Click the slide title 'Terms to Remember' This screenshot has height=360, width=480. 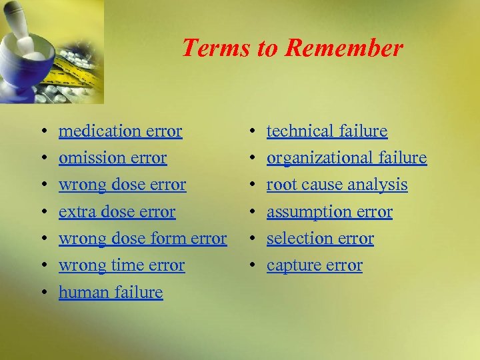tap(292, 48)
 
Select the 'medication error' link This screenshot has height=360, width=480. tap(120, 131)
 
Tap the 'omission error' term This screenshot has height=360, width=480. tap(113, 158)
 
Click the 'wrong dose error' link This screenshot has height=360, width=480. tap(122, 185)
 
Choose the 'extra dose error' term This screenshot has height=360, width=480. tap(117, 212)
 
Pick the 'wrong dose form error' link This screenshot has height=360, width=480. tap(143, 239)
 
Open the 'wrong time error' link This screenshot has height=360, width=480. tap(121, 265)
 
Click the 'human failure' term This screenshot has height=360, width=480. tap(111, 292)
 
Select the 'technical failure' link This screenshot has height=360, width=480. tap(327, 131)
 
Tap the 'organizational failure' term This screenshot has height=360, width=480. tap(346, 158)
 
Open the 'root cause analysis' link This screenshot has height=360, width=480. tap(337, 185)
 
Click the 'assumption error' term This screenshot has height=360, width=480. tap(329, 212)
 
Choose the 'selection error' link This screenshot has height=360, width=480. tap(320, 239)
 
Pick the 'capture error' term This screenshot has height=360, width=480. tap(314, 265)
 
